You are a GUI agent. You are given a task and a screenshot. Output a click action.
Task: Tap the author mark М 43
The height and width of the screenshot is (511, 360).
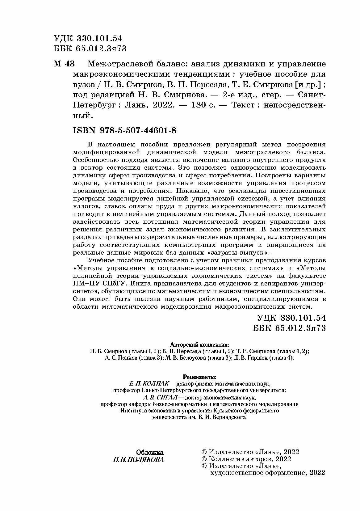pos(64,64)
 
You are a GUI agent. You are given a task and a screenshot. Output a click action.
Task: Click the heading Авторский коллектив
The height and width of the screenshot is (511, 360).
pos(199,344)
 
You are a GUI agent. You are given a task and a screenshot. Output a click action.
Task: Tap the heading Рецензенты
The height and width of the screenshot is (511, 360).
pos(200,377)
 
